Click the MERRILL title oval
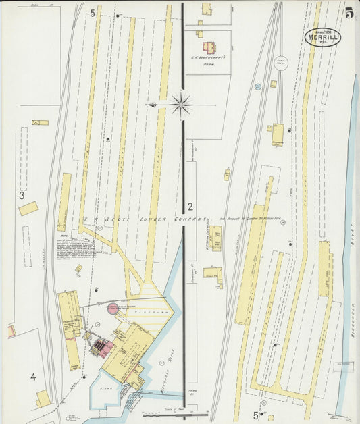click(322, 37)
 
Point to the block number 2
click(190, 207)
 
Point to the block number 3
click(22, 196)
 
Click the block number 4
click(32, 375)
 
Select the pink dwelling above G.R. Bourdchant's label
click(209, 48)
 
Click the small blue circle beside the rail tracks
click(257, 86)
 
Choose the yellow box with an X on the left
click(40, 123)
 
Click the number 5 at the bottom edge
click(255, 415)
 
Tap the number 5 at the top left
click(93, 14)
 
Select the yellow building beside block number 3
click(28, 208)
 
